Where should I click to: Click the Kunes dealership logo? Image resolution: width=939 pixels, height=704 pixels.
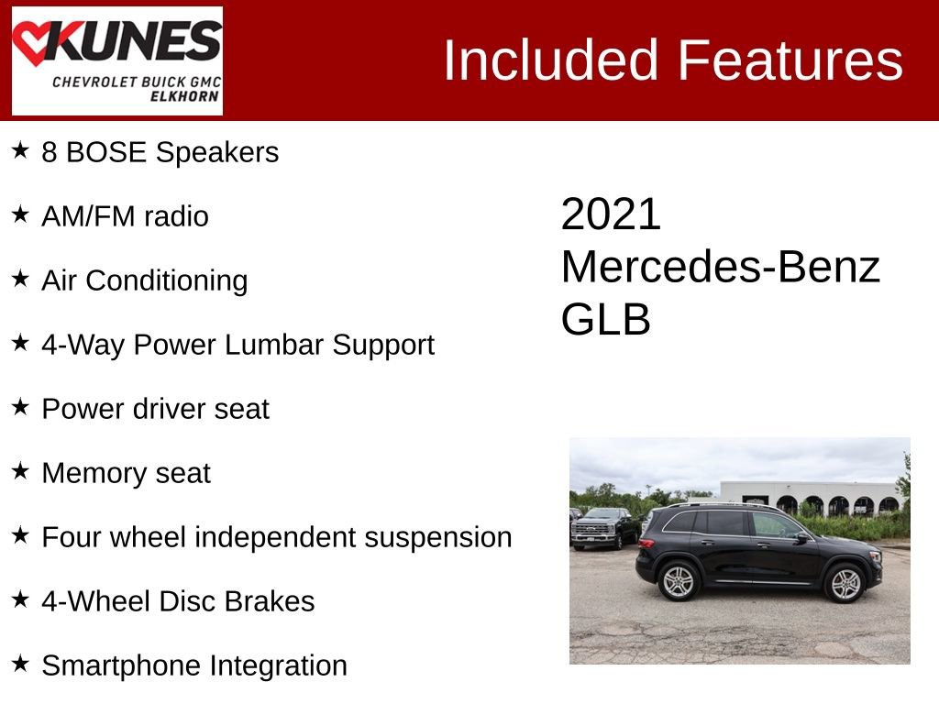(116, 60)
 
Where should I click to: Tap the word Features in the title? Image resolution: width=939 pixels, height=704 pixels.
(790, 60)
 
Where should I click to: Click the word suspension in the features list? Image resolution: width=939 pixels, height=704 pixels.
(438, 537)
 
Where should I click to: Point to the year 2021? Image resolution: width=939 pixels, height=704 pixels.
(611, 214)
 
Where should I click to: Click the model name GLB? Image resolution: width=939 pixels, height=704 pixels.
(605, 321)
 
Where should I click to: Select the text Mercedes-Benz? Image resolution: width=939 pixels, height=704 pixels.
(720, 268)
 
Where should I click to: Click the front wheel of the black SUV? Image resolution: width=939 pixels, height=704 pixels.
(844, 584)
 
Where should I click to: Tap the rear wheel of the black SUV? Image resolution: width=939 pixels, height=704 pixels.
(679, 582)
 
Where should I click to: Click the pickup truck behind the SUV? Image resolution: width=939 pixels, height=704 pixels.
(603, 528)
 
